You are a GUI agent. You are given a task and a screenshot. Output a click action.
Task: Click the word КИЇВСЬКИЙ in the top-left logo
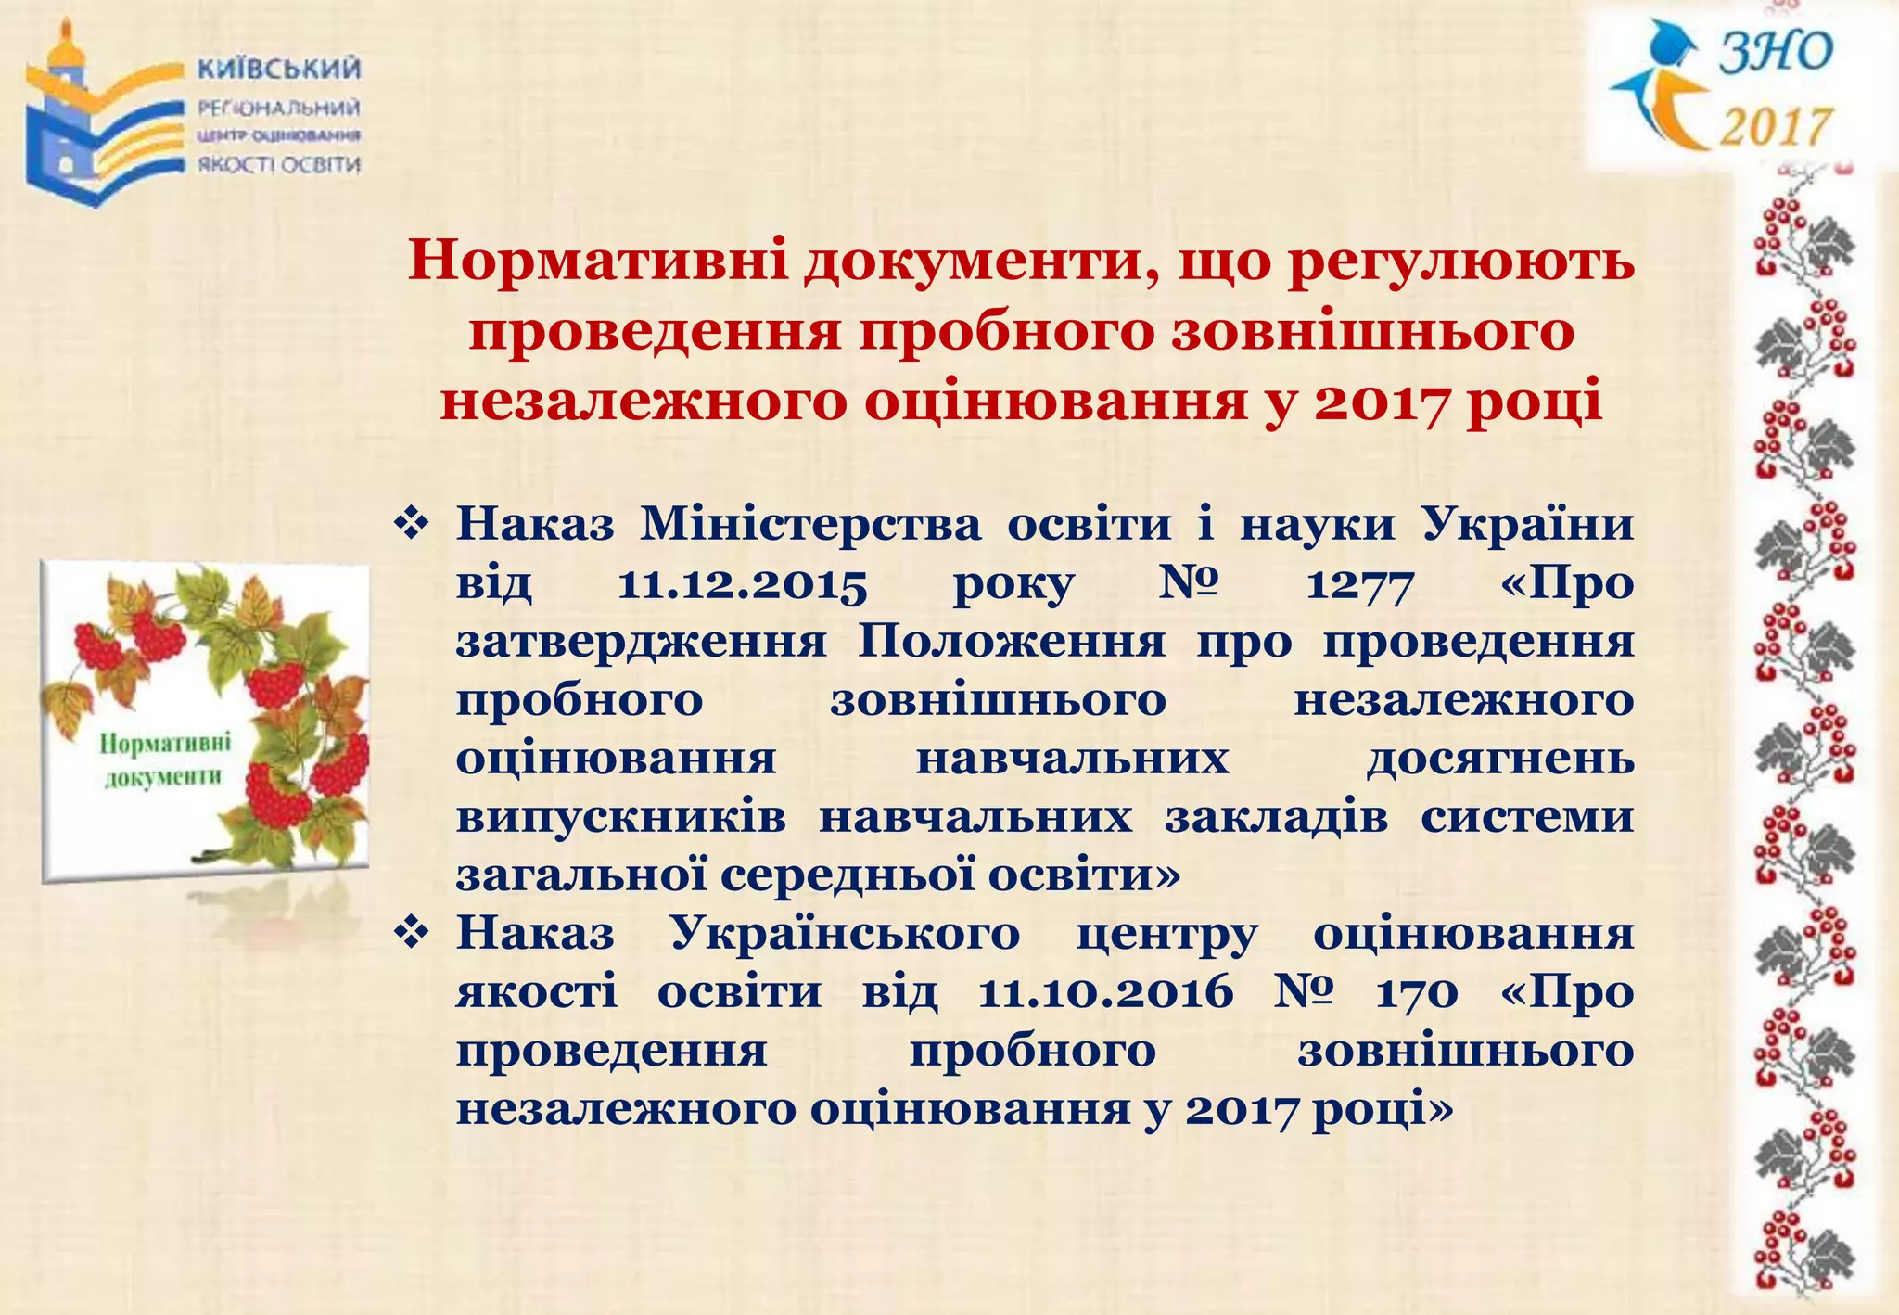tap(279, 70)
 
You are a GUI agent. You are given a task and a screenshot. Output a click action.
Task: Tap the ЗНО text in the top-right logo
tap(1776, 52)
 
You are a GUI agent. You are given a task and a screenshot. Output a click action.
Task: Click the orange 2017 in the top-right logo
tap(1776, 126)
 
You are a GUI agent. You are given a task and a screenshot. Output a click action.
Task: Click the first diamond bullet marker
tap(410, 525)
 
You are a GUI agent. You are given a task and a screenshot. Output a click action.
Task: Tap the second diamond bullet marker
tap(410, 933)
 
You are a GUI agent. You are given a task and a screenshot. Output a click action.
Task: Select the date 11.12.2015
tap(742, 584)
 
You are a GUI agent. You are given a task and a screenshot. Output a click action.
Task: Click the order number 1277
tap(1359, 584)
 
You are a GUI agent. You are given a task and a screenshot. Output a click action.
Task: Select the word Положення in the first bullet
tap(1012, 642)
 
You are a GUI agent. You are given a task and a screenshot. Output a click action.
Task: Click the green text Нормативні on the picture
tap(165, 744)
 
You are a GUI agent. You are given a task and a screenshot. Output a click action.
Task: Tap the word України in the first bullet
tap(1527, 525)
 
